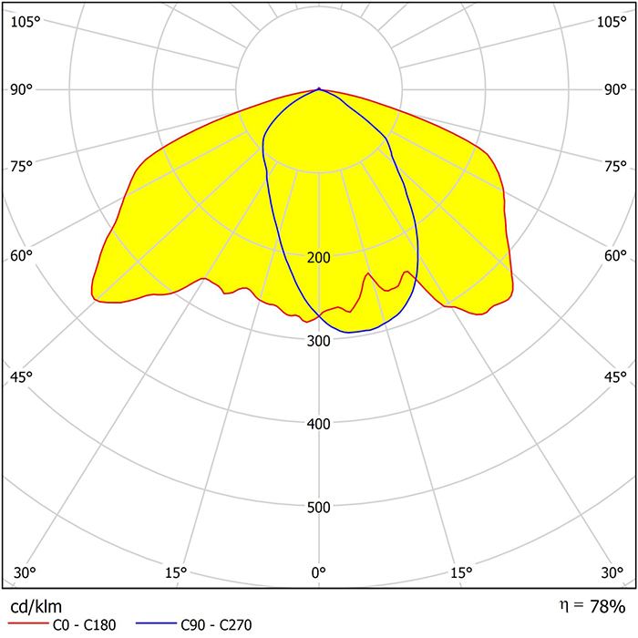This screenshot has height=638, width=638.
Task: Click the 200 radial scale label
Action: coord(319,257)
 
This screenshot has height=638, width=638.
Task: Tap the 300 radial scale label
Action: coord(319,341)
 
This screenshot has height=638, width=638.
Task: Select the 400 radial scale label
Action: coord(319,424)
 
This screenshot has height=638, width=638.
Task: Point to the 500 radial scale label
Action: coord(319,508)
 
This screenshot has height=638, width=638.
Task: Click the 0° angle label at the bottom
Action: coord(319,572)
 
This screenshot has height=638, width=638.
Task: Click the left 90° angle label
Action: coord(22,89)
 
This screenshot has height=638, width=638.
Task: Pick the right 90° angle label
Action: coord(616,89)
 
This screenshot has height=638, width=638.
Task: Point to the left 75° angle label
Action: coord(22,165)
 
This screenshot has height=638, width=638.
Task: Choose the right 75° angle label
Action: coord(616,165)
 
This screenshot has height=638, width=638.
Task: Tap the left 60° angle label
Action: coord(22,255)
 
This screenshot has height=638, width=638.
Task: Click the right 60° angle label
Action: coord(616,255)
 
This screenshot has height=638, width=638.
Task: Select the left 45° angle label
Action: coord(22,377)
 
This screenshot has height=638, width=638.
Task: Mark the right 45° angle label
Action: coord(616,377)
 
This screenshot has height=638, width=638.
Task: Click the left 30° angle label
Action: coord(26,572)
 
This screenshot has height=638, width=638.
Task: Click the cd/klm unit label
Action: coord(36,606)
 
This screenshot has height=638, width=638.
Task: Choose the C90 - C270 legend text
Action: coord(216,625)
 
